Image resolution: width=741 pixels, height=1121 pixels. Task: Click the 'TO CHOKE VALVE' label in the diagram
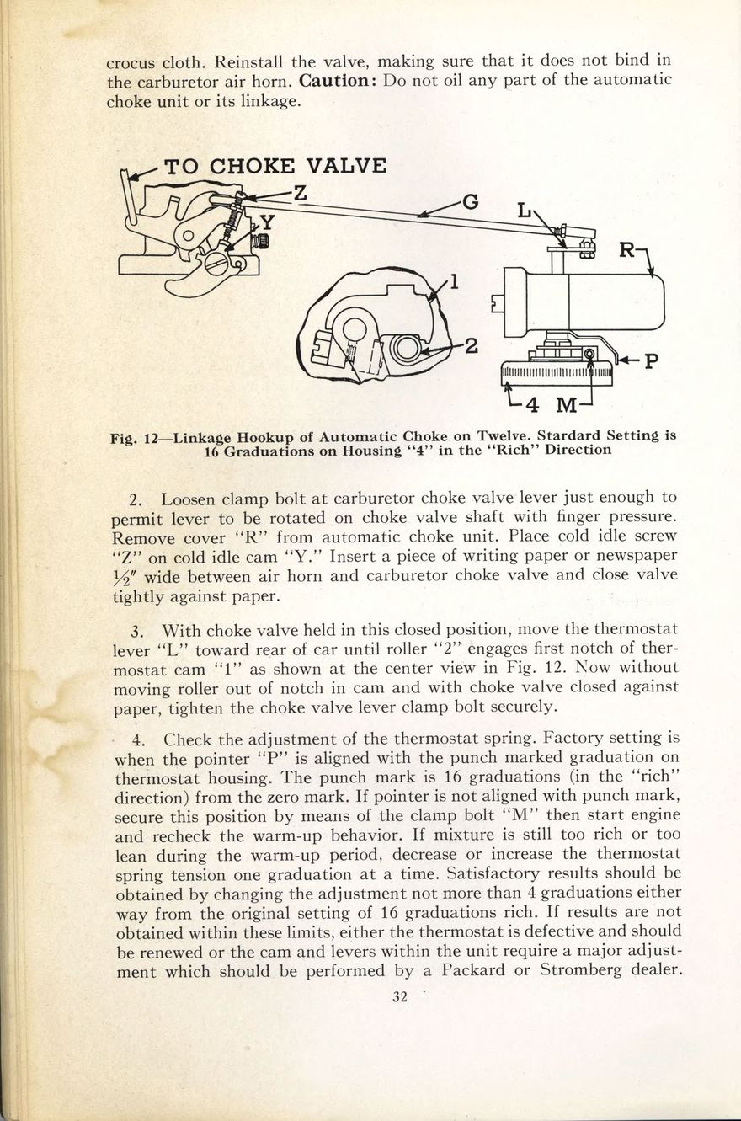275,166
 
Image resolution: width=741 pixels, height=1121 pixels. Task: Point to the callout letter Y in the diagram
267,222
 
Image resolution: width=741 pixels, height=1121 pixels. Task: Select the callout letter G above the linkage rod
472,202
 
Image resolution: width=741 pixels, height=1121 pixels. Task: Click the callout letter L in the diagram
525,210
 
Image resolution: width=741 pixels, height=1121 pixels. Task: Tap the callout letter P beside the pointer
651,361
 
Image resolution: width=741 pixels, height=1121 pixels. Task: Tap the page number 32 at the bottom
400,997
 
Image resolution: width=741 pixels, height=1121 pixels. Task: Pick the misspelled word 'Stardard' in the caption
574,436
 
